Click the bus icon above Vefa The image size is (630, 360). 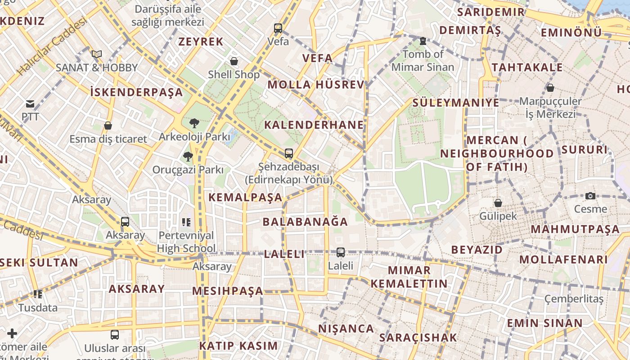pos(278,28)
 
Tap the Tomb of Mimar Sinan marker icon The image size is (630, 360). pos(423,41)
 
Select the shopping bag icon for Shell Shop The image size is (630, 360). pos(234,61)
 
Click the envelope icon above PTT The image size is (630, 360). pos(30,104)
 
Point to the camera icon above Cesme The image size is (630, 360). pos(590,196)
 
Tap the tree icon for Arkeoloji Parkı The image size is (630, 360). pos(194,123)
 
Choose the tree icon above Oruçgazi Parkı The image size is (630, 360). pos(188,157)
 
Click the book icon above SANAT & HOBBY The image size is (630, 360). pos(96,54)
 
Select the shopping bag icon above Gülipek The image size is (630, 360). pos(498,203)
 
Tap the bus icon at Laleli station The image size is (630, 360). pos(341,252)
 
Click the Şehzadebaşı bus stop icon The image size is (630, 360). pos(289,153)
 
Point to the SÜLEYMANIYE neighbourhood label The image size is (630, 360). pos(456,103)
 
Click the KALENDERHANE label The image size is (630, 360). pos(314,125)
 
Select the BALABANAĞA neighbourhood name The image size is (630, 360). pos(305,221)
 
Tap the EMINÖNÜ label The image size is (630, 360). pos(571,32)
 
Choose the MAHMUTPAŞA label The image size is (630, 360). pos(575,229)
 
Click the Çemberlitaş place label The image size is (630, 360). pos(574,299)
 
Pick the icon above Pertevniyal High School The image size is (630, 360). pos(186,222)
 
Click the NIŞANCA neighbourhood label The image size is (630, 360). pos(346,328)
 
